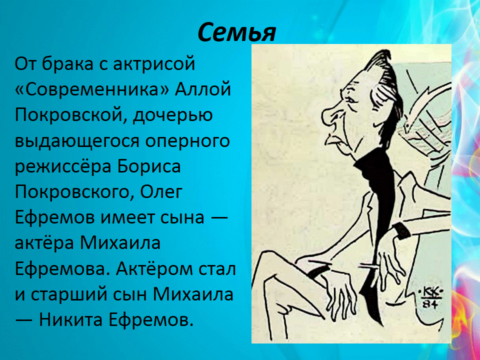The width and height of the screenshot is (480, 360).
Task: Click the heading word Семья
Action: [x=236, y=32]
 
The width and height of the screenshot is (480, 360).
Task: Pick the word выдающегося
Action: [x=78, y=141]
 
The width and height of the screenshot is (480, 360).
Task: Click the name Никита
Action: [x=70, y=320]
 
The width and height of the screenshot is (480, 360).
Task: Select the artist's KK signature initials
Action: [x=430, y=294]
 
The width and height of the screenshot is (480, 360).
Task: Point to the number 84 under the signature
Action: [x=430, y=305]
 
